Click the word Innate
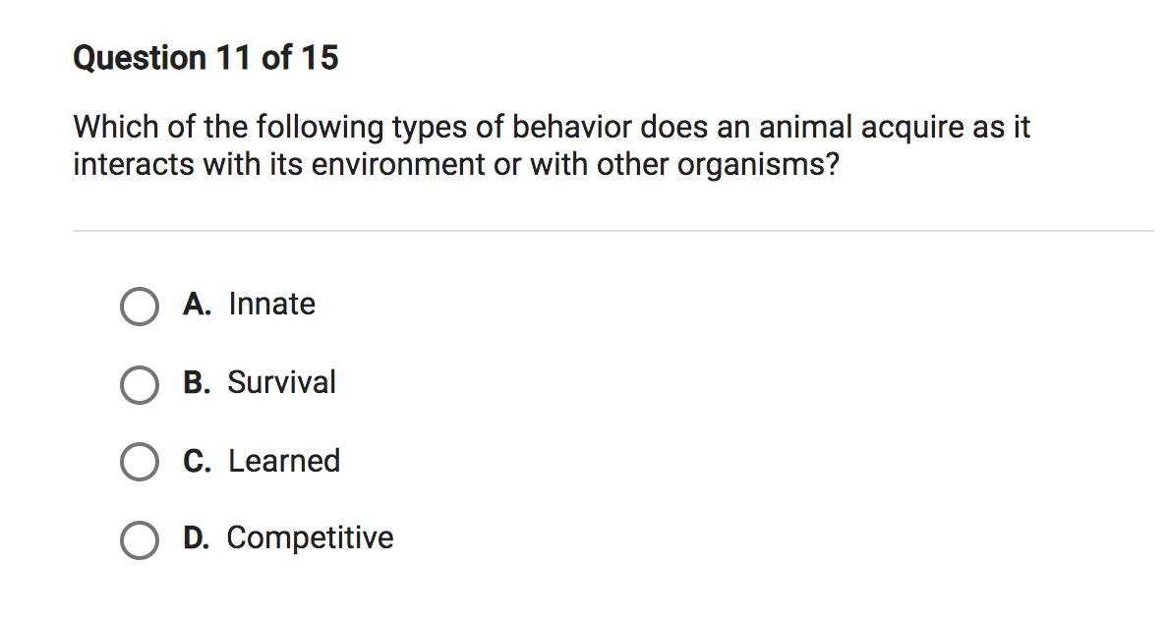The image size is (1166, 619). point(271,304)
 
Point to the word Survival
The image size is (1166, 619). point(282,382)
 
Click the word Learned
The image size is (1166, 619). point(284,461)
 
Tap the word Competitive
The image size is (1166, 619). point(310,538)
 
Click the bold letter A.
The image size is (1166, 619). point(197,304)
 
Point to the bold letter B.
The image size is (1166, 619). point(197,382)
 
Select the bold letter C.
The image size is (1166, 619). point(197,461)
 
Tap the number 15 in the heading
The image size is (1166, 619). point(320,58)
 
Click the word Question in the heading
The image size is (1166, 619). point(140,58)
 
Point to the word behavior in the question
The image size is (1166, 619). point(571,127)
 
